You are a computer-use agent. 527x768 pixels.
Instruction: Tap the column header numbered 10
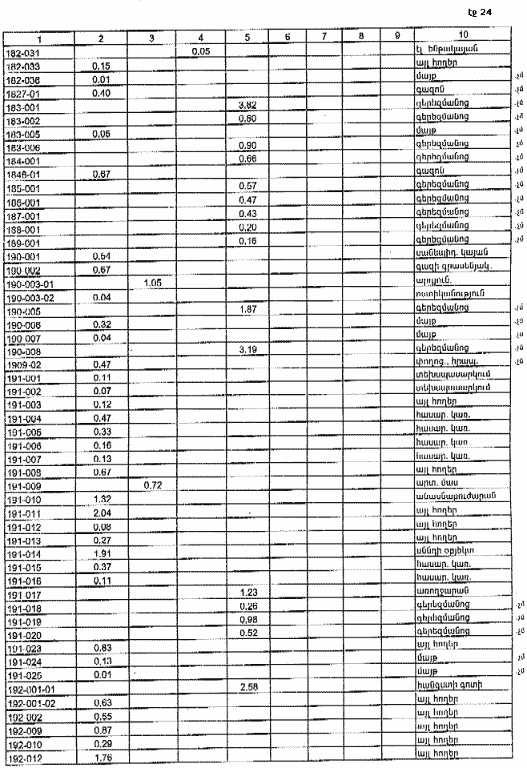click(464, 37)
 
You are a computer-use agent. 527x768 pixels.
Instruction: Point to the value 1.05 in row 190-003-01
click(151, 283)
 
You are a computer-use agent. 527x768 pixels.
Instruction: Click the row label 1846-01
click(22, 173)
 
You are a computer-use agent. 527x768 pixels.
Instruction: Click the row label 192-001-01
click(31, 688)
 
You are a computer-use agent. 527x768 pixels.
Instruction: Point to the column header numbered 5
click(247, 37)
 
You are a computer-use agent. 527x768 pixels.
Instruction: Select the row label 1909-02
click(22, 364)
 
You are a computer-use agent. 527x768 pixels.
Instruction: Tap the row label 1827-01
click(22, 93)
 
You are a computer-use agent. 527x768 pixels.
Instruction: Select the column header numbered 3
click(151, 37)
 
